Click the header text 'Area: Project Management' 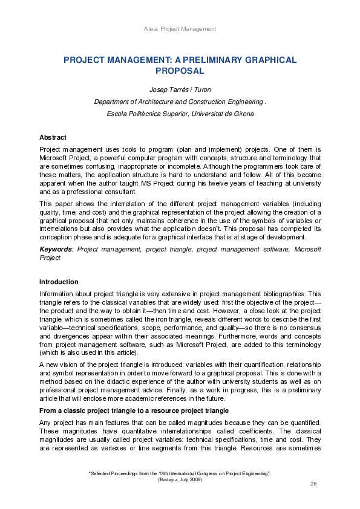(180, 29)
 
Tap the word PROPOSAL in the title (180, 71)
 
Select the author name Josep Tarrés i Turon (180, 91)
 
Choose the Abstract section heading (53, 137)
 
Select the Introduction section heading (59, 282)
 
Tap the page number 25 (313, 484)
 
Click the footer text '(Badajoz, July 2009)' (180, 479)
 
